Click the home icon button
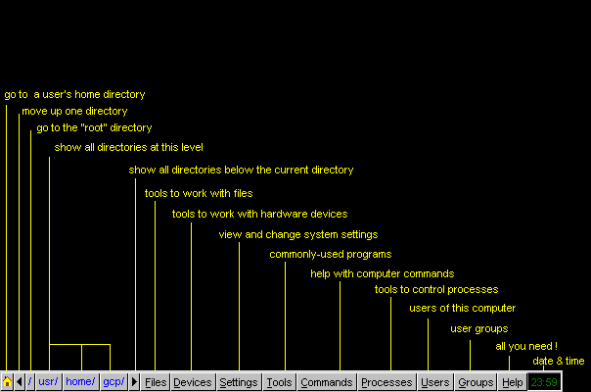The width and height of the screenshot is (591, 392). [7, 382]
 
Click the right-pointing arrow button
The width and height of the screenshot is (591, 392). [134, 382]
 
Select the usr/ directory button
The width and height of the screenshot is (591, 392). [48, 382]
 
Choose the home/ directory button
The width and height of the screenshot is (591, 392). [80, 382]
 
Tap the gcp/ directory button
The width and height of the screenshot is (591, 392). [114, 382]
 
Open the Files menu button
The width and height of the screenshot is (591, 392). [156, 382]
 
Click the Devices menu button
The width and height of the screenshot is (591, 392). [193, 382]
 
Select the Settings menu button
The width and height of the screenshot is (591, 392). [239, 382]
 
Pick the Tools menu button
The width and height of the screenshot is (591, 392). [279, 382]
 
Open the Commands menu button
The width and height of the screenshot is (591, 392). [327, 382]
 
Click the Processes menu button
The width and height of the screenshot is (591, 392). [386, 382]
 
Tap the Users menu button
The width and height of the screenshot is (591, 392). [435, 382]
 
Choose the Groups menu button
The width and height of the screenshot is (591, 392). [477, 382]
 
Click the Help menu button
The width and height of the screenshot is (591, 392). [513, 382]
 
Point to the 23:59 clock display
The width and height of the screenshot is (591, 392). [544, 382]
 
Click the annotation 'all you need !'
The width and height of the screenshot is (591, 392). [526, 346]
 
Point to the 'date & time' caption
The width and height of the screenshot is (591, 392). [559, 361]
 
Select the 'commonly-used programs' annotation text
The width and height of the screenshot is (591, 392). [331, 255]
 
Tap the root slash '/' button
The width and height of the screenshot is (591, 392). [30, 382]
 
